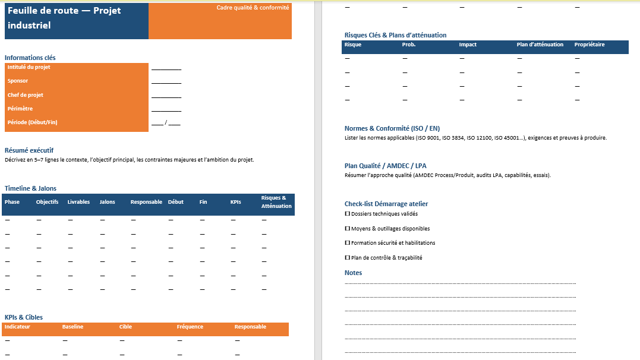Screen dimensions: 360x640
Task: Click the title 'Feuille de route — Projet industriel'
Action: pos(64,18)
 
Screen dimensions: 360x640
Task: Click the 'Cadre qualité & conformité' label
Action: pos(253,8)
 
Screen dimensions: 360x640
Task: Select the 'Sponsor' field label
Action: pos(18,81)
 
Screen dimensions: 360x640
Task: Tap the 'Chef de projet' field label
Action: pos(26,95)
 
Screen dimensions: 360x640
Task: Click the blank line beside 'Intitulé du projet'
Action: pos(166,70)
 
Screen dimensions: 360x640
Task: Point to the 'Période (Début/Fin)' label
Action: pos(33,122)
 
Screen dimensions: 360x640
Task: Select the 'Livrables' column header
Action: pos(78,202)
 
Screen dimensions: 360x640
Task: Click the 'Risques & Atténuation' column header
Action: pos(276,202)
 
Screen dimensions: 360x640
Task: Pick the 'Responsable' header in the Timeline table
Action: pos(146,202)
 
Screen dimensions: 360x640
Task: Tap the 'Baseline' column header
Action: pos(72,327)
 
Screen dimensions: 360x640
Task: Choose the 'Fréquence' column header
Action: pos(190,327)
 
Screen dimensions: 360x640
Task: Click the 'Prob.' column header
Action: pos(409,45)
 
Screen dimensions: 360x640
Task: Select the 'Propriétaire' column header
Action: pos(589,45)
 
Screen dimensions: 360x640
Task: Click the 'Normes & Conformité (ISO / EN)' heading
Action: pos(392,128)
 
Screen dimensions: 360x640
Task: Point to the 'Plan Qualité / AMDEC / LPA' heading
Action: pos(385,166)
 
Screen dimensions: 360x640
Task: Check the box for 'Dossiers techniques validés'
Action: pos(347,214)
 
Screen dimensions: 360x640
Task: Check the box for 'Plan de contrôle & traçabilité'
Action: pos(347,258)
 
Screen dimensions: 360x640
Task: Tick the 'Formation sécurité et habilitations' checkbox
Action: pos(347,243)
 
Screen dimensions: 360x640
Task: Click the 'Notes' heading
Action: pos(353,273)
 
